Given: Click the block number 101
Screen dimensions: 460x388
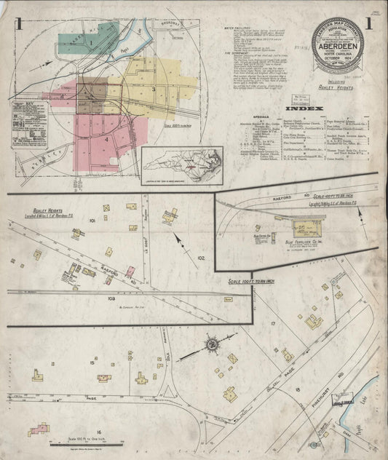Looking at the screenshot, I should point(92,219).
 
